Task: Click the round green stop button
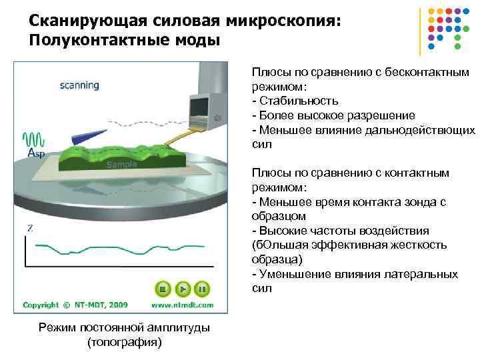click(x=160, y=289)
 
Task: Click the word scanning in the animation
click(x=79, y=85)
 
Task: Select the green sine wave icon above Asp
click(x=35, y=140)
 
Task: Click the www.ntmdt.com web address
click(x=182, y=305)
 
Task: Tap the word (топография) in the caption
click(x=124, y=342)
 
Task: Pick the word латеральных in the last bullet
click(x=426, y=274)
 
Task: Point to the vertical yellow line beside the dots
click(x=420, y=31)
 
